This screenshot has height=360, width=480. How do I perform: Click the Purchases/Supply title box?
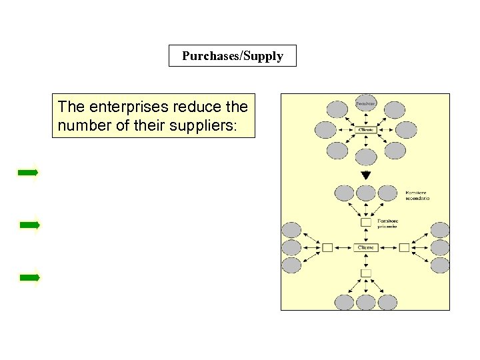pos(232,56)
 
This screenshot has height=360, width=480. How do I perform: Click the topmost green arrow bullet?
pos(28,173)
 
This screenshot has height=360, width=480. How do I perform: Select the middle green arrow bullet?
pos(29,225)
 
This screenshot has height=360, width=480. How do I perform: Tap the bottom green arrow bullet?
pos(29,277)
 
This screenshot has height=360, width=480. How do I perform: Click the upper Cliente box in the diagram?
pos(366,129)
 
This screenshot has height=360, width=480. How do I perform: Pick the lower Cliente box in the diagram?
pos(366,247)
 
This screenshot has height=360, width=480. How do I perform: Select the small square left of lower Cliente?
pos(327,247)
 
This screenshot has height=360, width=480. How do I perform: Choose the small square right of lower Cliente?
pos(404,247)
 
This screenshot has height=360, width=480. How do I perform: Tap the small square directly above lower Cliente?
pos(366,222)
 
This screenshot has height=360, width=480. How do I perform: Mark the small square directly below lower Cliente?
pos(366,273)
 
